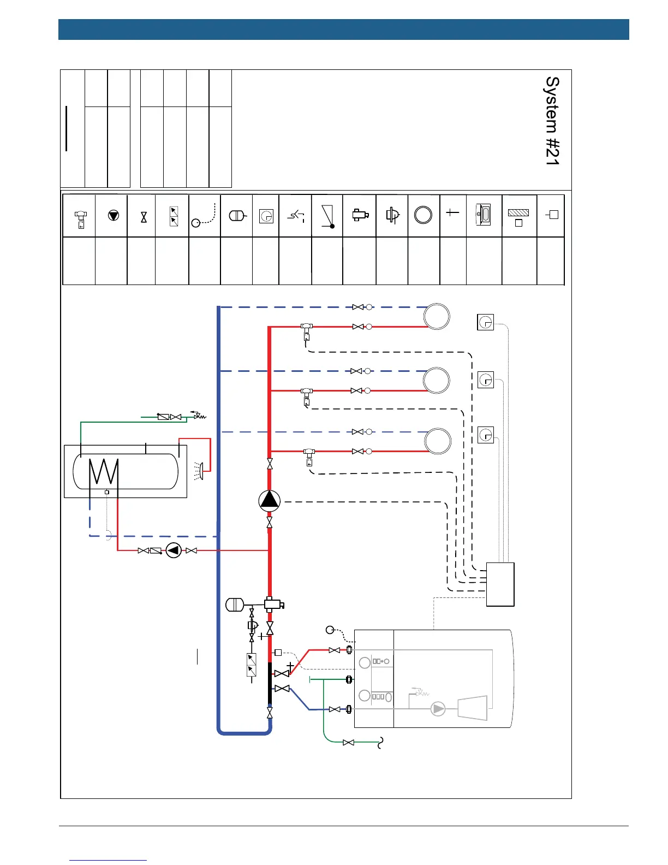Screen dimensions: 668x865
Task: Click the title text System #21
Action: [552, 121]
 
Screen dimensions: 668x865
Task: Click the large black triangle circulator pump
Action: [270, 501]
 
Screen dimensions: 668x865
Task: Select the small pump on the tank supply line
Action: [174, 550]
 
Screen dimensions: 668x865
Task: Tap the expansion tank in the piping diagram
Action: [235, 605]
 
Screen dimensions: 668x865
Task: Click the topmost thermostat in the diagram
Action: [485, 322]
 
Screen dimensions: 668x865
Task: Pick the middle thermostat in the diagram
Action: [485, 380]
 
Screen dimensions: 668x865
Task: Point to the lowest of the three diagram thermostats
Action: [485, 435]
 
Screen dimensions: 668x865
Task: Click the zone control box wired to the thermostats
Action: [500, 584]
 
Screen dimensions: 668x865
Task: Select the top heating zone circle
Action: [437, 317]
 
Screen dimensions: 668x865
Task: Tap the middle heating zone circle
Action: [437, 380]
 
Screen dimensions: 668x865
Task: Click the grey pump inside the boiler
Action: [438, 709]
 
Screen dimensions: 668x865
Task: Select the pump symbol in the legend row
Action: [114, 215]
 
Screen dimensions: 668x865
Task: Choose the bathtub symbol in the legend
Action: [484, 215]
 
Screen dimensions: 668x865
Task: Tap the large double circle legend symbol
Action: [423, 215]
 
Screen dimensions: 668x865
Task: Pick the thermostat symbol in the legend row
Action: [266, 216]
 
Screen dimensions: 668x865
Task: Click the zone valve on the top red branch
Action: [306, 332]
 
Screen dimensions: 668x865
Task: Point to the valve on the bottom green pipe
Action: [349, 742]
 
